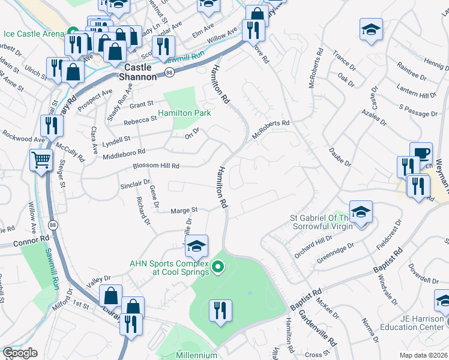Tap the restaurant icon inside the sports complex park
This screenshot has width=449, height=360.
220,310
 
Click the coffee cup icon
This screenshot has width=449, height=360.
421,152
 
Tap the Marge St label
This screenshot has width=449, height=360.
184,211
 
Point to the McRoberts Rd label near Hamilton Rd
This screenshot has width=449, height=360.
271,129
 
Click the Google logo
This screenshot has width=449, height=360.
20,353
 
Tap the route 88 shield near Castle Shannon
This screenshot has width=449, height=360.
170,73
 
